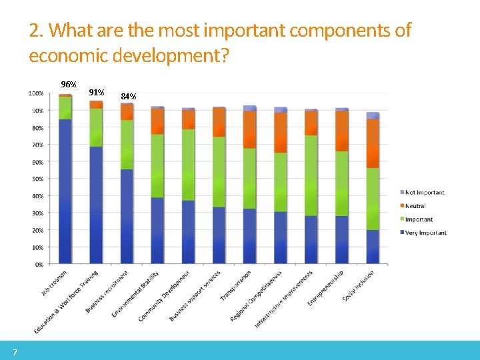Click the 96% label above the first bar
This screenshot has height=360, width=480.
click(68, 85)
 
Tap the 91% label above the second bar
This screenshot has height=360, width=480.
click(96, 92)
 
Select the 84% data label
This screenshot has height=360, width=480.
click(128, 97)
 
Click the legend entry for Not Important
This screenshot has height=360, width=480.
click(424, 193)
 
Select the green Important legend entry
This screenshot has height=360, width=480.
click(418, 219)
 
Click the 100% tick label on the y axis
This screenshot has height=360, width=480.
click(36, 93)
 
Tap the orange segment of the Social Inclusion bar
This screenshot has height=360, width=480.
click(372, 143)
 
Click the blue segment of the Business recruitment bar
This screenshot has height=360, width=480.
click(126, 217)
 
